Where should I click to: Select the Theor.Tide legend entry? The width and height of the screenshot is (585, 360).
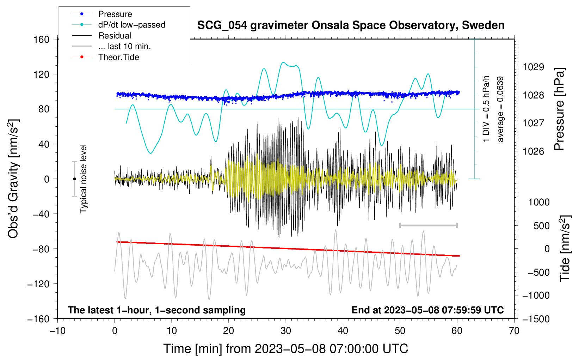coord(118,57)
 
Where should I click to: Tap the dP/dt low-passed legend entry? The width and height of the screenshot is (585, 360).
coord(131,25)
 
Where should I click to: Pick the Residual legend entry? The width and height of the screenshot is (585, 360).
coord(115,36)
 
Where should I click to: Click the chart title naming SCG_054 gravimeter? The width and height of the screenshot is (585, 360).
coord(351,25)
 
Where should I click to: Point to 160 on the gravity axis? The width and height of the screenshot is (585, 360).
coord(41,39)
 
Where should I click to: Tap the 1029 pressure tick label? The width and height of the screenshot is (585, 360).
coord(533,67)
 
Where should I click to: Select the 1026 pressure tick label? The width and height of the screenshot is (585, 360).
coord(533,151)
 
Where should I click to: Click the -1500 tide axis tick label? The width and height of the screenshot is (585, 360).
coord(536,319)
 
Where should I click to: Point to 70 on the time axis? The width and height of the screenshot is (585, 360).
coord(514,331)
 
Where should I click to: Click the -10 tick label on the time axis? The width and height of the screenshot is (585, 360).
coord(57,331)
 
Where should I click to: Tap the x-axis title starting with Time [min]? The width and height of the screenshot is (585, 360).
coord(285,349)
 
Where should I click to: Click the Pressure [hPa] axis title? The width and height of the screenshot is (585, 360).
coord(559,109)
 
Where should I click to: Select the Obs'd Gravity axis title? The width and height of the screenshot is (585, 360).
coord(13,179)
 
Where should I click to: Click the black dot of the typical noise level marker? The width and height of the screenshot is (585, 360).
coord(74,179)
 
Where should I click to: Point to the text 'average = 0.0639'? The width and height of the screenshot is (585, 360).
coord(500,109)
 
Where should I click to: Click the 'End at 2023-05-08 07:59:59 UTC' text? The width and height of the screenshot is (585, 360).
coord(427,310)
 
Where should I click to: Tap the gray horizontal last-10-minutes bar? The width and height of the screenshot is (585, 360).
coord(428,225)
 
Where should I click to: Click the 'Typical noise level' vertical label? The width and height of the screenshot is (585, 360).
coord(83,179)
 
